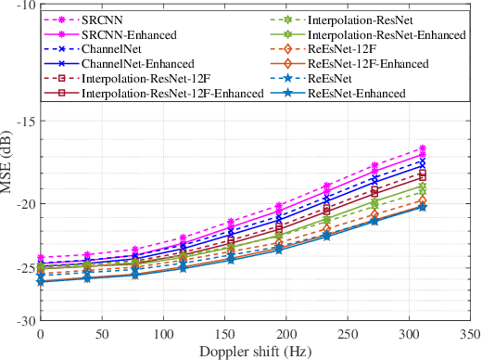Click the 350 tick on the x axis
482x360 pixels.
tap(469, 332)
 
